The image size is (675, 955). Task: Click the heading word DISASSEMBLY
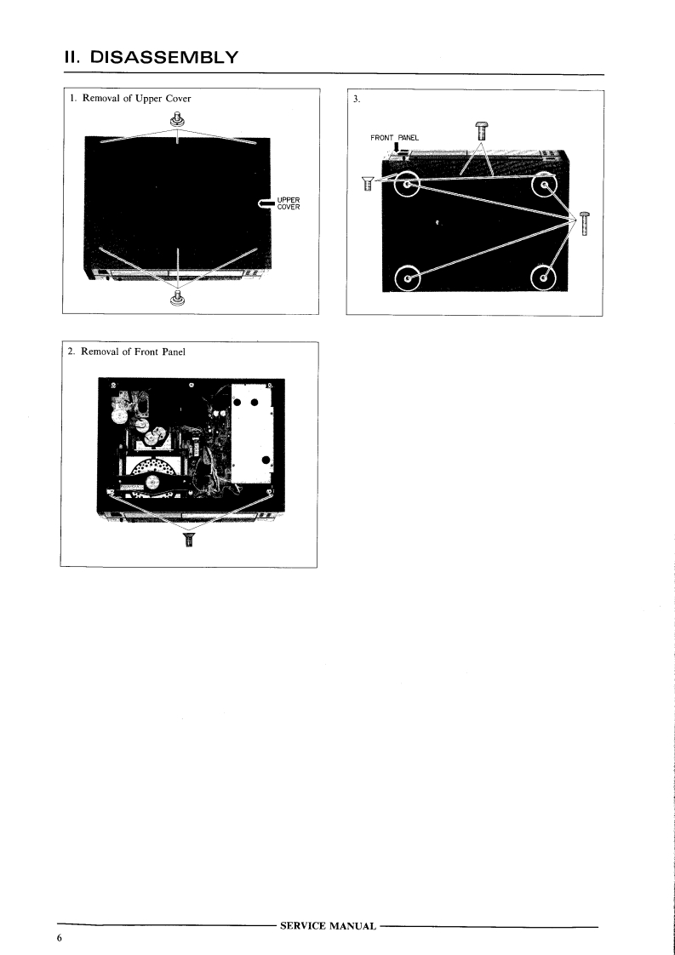(164, 57)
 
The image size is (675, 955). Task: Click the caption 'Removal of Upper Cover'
(136, 98)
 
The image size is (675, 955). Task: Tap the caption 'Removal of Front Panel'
(133, 352)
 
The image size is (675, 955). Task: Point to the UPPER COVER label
(289, 203)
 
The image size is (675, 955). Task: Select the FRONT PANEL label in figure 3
(395, 138)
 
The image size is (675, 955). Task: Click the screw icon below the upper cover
(177, 298)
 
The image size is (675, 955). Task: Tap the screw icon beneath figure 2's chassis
(189, 539)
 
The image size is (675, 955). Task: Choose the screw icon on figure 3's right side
(585, 223)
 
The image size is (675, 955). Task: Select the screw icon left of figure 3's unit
(367, 183)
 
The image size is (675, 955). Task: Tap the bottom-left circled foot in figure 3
(407, 279)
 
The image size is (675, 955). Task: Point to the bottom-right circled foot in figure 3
(543, 279)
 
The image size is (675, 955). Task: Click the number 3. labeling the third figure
(357, 100)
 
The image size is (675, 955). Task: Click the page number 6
(59, 938)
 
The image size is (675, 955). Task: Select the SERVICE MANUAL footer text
(328, 926)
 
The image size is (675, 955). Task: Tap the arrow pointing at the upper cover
(266, 204)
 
